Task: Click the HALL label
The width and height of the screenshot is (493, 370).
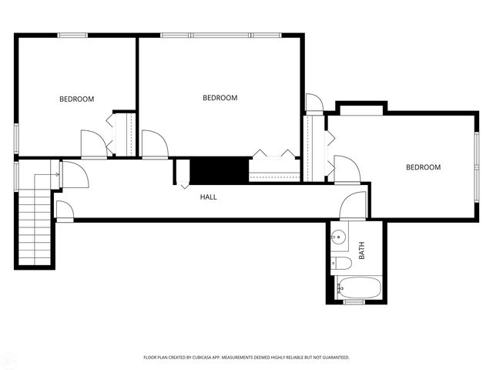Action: point(208,197)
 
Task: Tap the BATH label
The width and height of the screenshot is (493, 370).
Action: point(361,251)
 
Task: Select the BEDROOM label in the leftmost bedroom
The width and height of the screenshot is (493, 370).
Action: point(77,99)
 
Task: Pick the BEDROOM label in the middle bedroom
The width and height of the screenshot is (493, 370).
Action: point(220,98)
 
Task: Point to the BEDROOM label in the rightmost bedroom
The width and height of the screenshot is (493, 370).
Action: point(423,167)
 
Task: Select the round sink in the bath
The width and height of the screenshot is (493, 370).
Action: point(338,236)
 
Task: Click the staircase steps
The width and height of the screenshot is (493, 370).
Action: point(34,227)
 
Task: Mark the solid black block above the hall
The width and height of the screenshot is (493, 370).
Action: point(220,169)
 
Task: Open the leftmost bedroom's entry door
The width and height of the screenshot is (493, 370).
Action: point(92,143)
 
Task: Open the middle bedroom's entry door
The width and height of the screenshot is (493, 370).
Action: point(153,143)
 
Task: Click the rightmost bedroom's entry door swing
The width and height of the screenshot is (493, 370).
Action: point(345,170)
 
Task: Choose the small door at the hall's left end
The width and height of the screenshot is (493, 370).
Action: point(64,210)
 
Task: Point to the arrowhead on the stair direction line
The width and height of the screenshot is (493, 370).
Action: point(58,175)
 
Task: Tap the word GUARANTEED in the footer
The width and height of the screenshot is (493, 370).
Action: point(333,358)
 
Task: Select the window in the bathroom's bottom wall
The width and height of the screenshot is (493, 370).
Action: point(354,301)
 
